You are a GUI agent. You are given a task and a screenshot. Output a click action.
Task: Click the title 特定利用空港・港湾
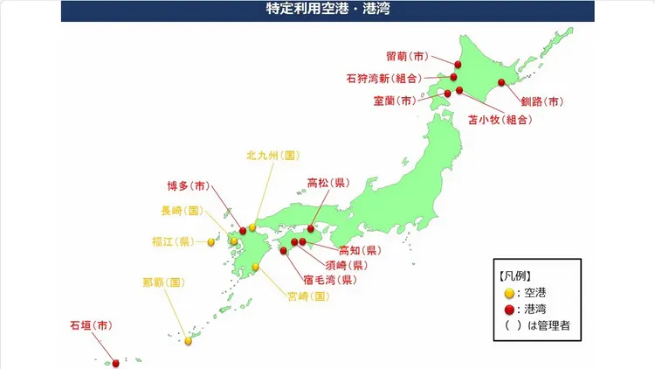coord(327,10)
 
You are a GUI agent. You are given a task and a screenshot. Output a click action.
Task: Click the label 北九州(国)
coord(272,156)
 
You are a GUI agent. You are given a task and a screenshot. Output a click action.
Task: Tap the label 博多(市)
coord(187,185)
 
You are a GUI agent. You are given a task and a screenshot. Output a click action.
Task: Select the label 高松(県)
coord(327,184)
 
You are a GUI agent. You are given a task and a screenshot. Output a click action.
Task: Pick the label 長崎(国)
coord(182,211)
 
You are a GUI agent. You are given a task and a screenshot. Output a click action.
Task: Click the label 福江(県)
coord(172,241)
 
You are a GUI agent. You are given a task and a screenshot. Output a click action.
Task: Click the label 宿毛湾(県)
coord(327,280)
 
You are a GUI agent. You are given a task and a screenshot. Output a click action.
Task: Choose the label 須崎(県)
coord(345,264)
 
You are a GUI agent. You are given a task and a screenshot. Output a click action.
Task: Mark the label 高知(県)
coord(359,249)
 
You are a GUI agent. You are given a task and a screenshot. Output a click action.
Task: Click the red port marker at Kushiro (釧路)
coord(501,83)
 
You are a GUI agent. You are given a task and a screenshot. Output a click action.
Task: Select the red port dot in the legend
coord(510,308)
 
